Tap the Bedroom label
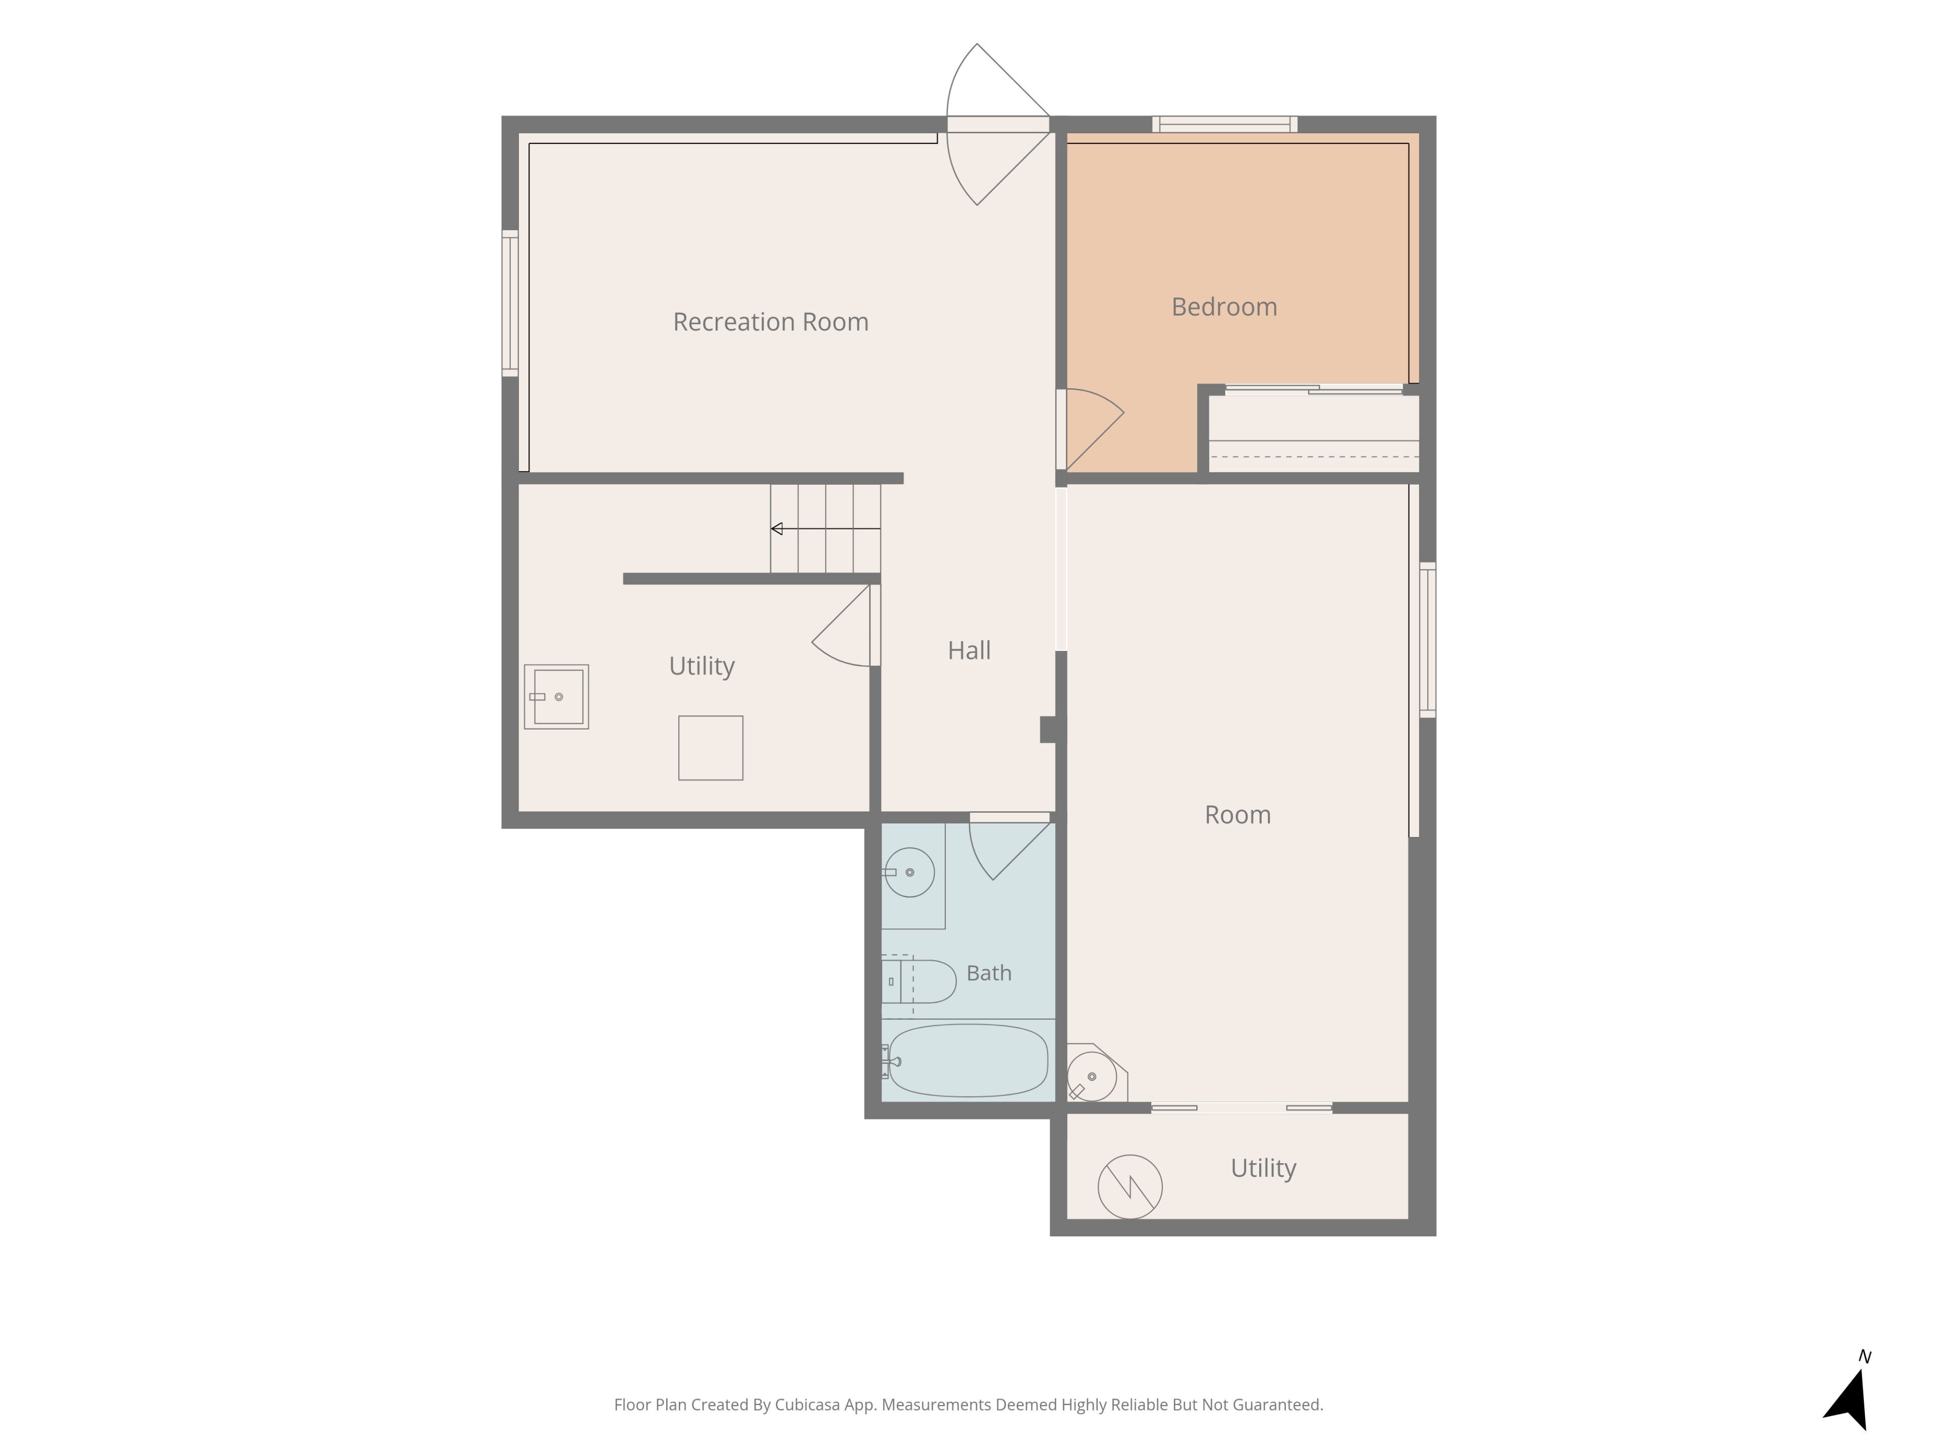tap(1224, 307)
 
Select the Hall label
tap(969, 650)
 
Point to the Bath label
tap(988, 973)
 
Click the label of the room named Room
tap(1237, 815)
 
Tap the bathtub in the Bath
tap(967, 1061)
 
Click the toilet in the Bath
tap(918, 981)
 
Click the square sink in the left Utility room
tap(556, 697)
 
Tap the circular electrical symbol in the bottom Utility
tap(1130, 1187)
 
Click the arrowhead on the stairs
tap(776, 529)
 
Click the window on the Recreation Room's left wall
tap(510, 303)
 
